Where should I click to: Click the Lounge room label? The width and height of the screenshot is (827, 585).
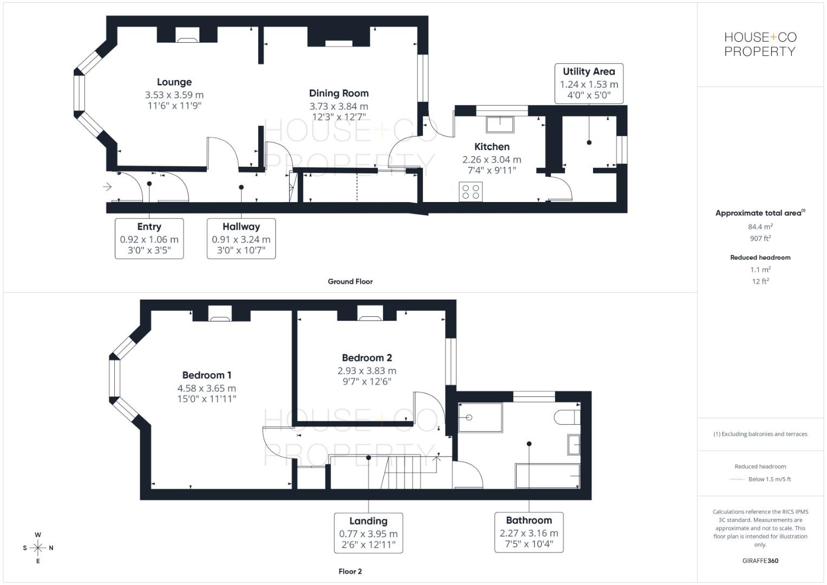point(174,82)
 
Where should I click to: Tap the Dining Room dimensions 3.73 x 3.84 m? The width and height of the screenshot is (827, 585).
point(338,107)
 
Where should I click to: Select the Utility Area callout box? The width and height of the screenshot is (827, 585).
point(589,83)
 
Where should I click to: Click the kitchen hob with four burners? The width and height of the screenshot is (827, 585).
point(470,191)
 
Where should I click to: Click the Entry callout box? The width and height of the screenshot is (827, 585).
point(149,238)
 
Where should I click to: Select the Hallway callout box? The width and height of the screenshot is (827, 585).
point(241,238)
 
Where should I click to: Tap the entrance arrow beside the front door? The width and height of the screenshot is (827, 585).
point(107,187)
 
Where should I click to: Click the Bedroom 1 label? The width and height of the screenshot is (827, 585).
point(207,375)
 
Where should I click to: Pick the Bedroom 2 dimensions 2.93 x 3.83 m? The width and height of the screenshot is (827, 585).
point(367,371)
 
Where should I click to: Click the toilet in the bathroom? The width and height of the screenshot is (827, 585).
point(568,417)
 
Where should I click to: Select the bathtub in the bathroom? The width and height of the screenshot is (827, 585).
point(548,476)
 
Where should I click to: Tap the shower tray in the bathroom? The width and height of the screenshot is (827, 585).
point(480,417)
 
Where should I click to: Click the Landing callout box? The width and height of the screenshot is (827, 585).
point(368,532)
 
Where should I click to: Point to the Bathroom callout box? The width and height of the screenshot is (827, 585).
point(529,532)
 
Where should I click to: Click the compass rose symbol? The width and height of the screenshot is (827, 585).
point(38,548)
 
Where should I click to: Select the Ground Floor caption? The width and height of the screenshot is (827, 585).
point(350,282)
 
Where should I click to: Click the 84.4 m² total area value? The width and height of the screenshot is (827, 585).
point(760,227)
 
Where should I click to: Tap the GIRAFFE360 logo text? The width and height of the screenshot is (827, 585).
point(760,561)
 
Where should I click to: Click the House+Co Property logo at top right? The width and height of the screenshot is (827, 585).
point(760,44)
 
